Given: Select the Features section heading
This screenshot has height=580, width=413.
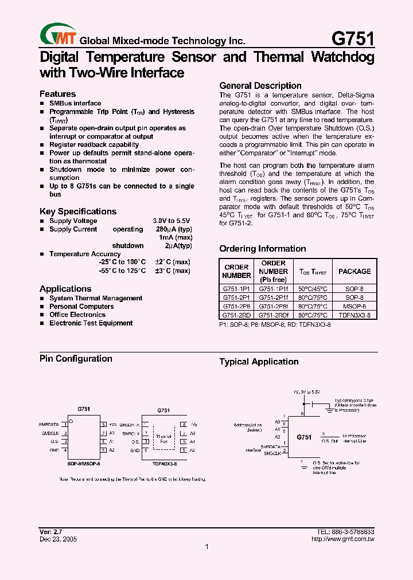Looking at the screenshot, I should click(57, 94).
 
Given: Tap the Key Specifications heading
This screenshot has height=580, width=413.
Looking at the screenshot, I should click(78, 211).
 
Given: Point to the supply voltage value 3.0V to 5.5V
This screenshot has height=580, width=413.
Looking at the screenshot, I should click(171, 221).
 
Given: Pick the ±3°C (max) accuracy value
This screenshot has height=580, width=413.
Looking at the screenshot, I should click(172, 271).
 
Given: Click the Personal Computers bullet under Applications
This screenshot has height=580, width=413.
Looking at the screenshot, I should click(81, 307).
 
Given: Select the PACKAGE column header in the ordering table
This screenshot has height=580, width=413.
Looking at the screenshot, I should click(354, 272).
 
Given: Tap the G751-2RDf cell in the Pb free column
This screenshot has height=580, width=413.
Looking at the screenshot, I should click(274, 315).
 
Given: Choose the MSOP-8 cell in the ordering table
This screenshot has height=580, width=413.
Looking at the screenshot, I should click(354, 307).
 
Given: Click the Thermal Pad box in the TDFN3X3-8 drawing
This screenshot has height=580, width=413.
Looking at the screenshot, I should click(163, 440).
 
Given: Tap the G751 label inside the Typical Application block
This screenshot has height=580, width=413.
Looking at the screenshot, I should click(304, 437).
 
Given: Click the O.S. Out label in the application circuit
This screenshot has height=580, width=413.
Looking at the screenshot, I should click(330, 441).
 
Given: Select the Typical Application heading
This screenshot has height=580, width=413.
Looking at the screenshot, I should click(259, 362).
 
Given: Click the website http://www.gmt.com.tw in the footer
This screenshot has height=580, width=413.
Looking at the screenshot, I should click(343, 539).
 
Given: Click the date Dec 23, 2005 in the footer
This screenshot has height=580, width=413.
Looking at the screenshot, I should click(58, 539).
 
